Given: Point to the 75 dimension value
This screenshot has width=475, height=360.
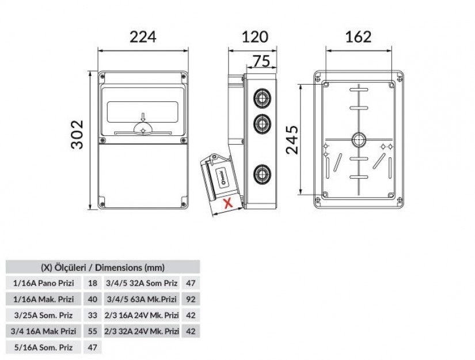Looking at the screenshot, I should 261,60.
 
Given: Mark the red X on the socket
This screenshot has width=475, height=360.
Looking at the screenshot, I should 227,203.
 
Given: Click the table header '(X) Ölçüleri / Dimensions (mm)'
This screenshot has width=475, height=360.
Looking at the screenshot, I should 102,267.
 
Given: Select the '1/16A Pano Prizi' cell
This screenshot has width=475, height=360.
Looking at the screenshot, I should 44,283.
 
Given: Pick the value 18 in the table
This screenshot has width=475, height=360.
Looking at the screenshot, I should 93,283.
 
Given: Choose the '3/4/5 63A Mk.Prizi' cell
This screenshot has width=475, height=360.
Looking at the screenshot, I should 142,300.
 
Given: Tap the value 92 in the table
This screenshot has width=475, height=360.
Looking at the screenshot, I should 191,300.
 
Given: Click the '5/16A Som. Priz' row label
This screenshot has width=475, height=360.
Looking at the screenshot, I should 44,347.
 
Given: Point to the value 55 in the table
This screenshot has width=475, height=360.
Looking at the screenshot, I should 93,331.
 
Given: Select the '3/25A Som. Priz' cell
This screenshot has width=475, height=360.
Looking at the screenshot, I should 44,316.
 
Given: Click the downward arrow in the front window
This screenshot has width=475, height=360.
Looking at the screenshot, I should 142,116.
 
